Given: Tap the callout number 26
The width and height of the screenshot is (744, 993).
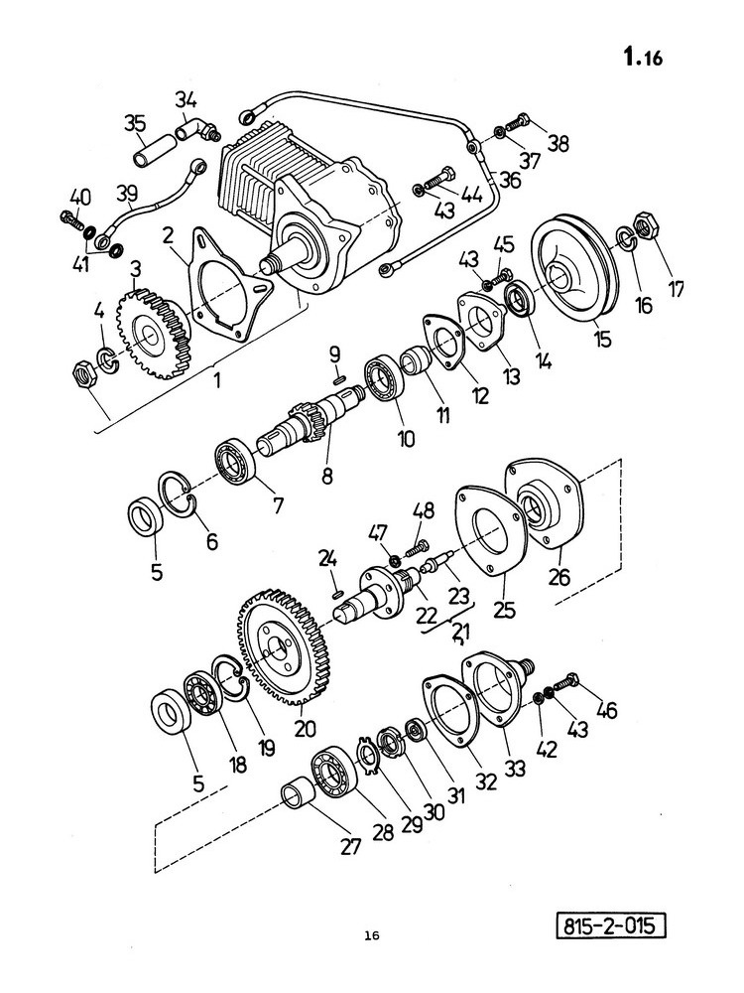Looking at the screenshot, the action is click(x=559, y=576).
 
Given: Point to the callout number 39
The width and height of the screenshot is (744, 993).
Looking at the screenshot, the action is click(x=127, y=192).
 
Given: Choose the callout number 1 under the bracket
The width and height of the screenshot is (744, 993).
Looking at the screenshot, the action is click(x=217, y=381).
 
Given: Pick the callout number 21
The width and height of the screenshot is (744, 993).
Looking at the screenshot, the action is click(x=460, y=632).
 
